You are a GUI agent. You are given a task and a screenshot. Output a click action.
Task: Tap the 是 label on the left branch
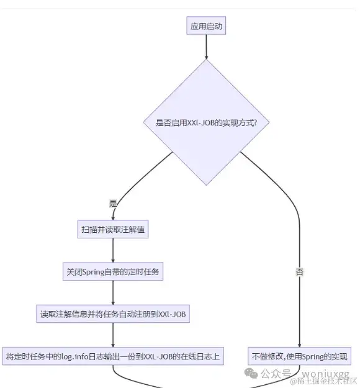click(112, 203)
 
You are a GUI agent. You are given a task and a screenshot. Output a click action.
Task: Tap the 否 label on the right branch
click(299, 272)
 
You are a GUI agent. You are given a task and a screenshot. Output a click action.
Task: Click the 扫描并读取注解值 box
click(113, 229)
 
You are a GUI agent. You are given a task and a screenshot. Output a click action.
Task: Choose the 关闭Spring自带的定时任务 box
click(113, 272)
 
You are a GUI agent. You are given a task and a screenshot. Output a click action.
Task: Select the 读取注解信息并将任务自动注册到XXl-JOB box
click(113, 314)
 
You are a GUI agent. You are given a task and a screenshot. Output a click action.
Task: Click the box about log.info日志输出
click(113, 356)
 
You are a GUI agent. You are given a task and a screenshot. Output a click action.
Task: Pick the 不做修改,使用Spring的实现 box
click(300, 356)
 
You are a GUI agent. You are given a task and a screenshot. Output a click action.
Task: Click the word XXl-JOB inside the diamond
click(198, 123)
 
